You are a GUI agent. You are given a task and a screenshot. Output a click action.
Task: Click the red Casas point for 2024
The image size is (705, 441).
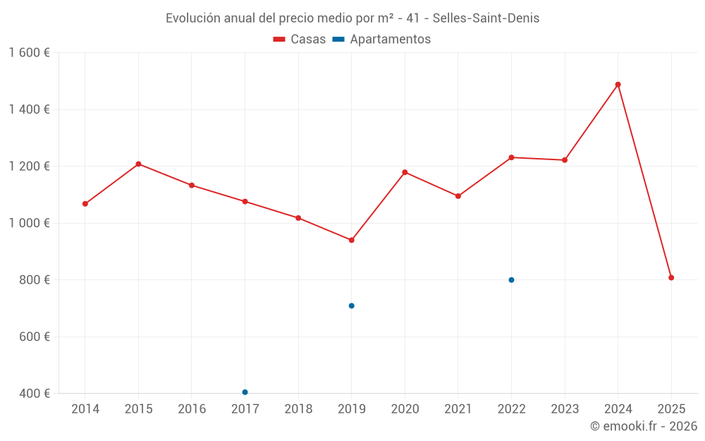618,85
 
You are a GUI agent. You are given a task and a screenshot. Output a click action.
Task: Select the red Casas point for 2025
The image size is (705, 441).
671,277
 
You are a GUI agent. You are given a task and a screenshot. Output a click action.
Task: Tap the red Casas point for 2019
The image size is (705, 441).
351,240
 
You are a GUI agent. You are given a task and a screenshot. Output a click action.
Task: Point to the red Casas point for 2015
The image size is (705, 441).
138,164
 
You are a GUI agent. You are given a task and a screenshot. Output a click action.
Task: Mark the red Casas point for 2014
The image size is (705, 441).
85,204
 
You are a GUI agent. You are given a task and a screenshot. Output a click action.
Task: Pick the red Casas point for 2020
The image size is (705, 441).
405,172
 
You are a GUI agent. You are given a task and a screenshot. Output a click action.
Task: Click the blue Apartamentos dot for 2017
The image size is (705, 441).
245,392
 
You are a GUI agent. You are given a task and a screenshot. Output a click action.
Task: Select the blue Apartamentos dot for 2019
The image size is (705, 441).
351,306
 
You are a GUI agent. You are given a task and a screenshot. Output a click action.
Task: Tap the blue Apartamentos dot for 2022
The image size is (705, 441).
511,280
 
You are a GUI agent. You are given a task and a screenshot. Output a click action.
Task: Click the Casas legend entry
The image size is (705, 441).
300,40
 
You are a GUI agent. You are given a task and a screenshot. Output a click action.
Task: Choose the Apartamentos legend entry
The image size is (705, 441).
381,40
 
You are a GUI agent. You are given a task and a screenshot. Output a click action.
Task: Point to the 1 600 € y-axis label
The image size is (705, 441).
30,53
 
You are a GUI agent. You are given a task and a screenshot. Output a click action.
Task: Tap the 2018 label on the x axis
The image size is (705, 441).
298,409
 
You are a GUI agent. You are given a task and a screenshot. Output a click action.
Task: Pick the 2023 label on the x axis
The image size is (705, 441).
565,409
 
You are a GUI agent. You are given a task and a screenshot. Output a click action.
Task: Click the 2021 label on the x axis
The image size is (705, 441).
458,409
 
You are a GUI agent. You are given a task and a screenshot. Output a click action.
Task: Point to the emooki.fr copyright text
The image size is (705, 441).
643,426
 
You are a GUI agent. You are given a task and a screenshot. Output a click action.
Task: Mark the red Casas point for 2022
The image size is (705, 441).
511,157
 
